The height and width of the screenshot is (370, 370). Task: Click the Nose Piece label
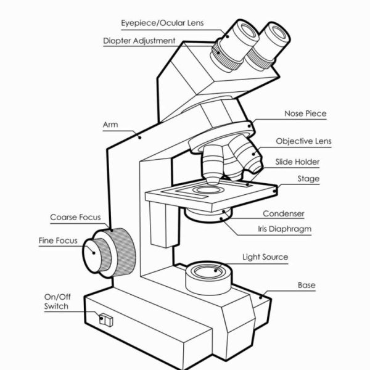point(305,113)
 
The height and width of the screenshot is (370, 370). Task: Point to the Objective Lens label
point(303,141)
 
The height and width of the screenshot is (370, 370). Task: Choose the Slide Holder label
point(297,162)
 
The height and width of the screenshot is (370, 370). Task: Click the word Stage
point(308,179)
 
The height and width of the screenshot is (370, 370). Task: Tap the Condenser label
point(284,213)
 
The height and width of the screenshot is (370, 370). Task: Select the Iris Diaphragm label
point(284,229)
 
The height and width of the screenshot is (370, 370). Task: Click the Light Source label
point(265,257)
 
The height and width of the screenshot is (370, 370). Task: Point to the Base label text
point(306,285)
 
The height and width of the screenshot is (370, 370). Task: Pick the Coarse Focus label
point(75,217)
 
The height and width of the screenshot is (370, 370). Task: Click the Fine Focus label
point(58,240)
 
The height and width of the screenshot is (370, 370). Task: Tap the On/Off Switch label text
point(56,301)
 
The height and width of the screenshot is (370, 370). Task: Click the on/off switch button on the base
point(104,320)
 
